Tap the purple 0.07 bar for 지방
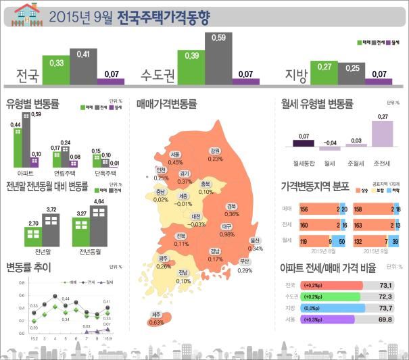380,81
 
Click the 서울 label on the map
175,155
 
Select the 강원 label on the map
216,151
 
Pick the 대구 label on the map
226,226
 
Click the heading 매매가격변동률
166,105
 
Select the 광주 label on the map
163,259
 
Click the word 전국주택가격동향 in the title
162,16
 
